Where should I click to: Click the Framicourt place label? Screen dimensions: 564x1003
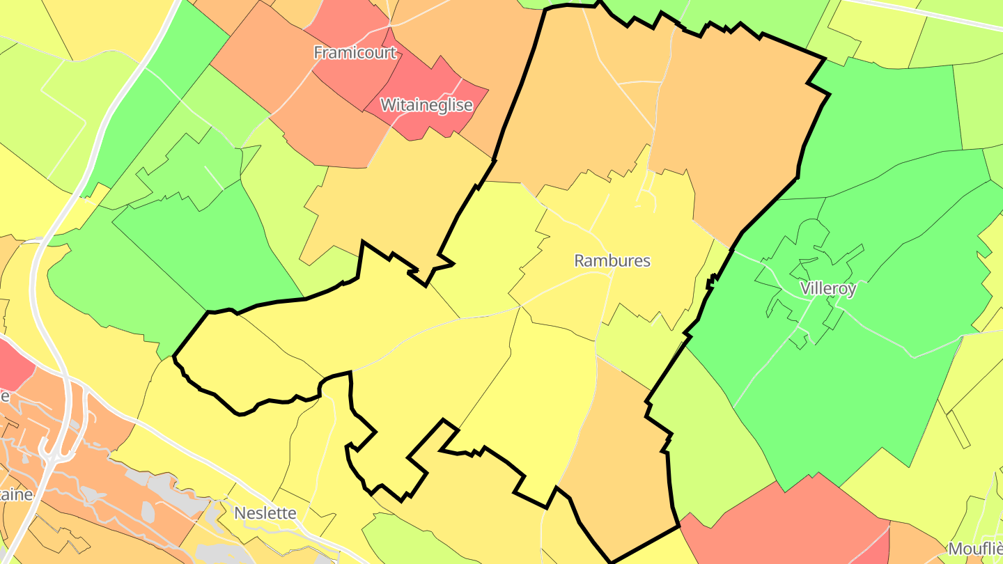pos(355,52)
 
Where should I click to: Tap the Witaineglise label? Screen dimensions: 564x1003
pos(426,105)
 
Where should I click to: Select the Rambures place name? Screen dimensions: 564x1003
pos(612,260)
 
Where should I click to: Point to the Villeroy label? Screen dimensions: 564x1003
pos(827,289)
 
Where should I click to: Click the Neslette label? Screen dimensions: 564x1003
pos(265,513)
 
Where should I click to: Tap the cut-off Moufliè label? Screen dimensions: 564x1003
pos(975,549)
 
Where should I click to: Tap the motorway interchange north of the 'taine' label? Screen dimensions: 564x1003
pos(56,453)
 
